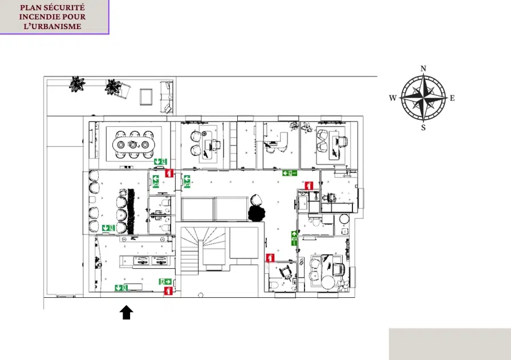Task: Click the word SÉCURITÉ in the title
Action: [x=64, y=7]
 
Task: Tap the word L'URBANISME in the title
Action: [x=52, y=26]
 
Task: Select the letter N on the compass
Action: [x=423, y=68]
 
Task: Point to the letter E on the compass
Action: [x=452, y=98]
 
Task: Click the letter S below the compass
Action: [x=423, y=127]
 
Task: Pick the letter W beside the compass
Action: [x=393, y=98]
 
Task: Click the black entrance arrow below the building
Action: [x=127, y=313]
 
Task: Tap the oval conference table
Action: [x=133, y=144]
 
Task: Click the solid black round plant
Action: [x=257, y=213]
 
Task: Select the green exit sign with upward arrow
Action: [x=294, y=238]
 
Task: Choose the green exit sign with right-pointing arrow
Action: [x=165, y=281]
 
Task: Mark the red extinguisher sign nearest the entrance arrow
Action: [x=168, y=291]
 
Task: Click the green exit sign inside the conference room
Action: [x=160, y=161]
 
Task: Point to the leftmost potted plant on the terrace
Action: [x=77, y=84]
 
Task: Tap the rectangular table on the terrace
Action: [x=146, y=97]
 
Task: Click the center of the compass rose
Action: [x=423, y=98]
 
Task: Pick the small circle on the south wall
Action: [x=201, y=295]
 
